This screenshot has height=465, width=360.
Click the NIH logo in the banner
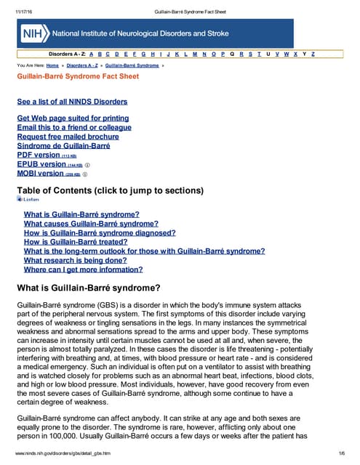click(x=32, y=33)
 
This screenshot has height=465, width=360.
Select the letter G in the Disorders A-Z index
click(x=145, y=54)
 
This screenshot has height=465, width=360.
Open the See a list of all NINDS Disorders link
click(x=72, y=102)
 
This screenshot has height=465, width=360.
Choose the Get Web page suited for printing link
click(x=73, y=118)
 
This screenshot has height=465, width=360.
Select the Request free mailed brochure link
click(x=68, y=137)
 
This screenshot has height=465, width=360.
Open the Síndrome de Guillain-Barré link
click(x=63, y=145)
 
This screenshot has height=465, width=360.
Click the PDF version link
click(x=39, y=155)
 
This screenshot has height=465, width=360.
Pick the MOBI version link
click(x=41, y=174)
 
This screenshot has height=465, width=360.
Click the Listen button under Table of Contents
click(x=28, y=198)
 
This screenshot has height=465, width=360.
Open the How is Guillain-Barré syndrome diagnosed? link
click(x=100, y=233)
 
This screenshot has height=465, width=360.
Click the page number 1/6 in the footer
click(x=340, y=453)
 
